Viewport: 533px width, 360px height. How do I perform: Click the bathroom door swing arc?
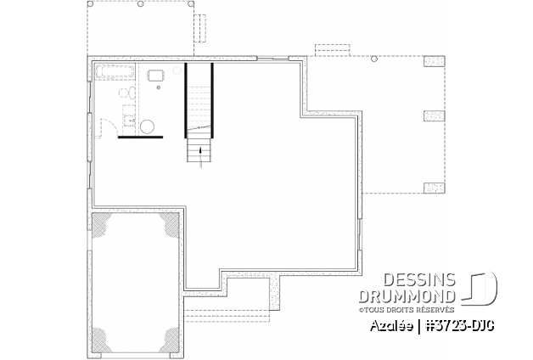(107, 127)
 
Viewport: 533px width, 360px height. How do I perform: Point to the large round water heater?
(147, 127)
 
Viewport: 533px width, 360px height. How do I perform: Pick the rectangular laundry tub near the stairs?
(156, 76)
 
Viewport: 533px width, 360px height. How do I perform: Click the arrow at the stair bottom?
(200, 151)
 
